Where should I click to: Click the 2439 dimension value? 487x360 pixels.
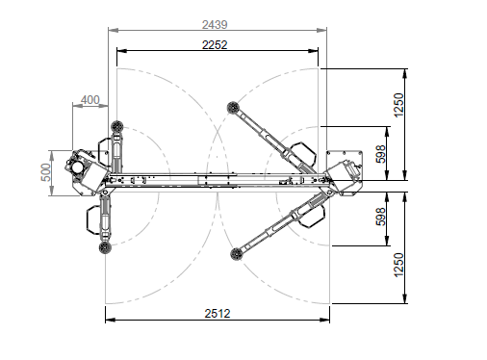tap(215, 25)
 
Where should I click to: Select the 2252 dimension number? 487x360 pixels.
tap(215, 45)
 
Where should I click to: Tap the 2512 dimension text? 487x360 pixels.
tap(218, 314)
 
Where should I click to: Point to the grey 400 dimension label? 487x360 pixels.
tap(90, 100)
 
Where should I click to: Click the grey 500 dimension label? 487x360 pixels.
tap(46, 172)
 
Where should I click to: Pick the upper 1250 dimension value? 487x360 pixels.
tap(397, 105)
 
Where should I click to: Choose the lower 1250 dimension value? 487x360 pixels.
tap(397, 265)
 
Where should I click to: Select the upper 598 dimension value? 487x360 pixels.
tap(380, 154)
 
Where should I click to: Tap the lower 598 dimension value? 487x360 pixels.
tap(380, 217)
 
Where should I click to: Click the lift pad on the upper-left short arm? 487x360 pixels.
tap(117, 126)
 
